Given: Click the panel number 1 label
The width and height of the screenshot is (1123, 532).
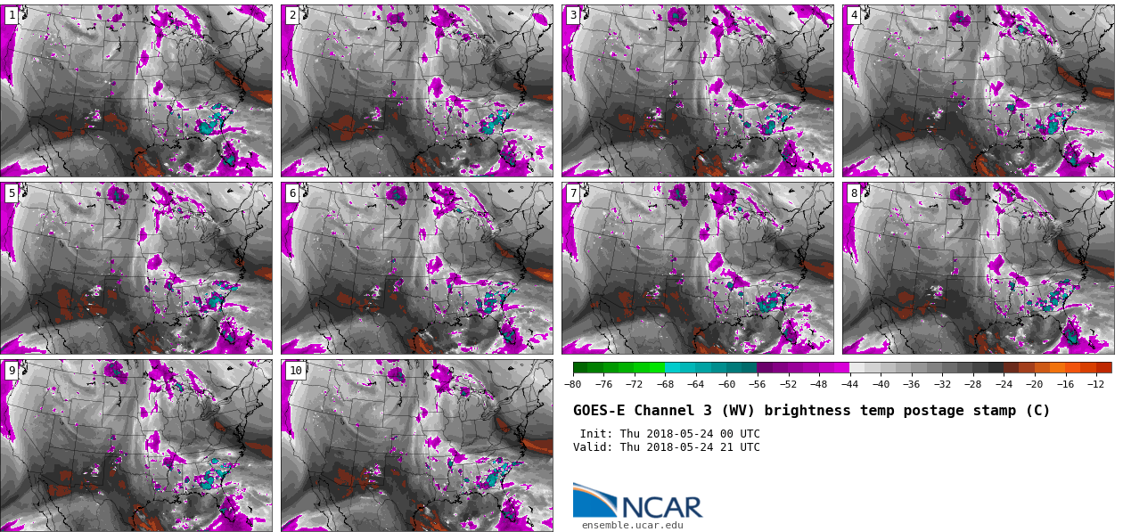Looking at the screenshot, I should (12, 15).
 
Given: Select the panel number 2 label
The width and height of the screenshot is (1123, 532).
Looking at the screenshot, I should (292, 15).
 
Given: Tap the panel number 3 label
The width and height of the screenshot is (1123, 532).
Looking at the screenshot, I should (573, 15).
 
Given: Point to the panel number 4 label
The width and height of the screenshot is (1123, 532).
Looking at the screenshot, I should (854, 15).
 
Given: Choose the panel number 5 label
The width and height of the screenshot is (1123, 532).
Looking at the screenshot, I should (12, 193).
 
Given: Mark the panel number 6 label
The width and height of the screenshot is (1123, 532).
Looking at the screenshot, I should (292, 193).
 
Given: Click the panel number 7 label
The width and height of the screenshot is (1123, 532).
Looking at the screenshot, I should (573, 193).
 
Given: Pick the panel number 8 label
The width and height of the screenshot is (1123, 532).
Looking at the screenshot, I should (854, 193).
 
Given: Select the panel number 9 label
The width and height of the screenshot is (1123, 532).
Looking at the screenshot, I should (12, 371).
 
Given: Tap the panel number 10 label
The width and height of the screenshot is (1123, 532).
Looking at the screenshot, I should (295, 371).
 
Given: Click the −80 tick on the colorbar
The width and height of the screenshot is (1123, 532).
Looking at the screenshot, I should (573, 385).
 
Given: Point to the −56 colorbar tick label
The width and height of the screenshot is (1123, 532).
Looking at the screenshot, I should (758, 385).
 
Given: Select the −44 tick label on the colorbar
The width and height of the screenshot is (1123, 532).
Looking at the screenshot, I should (849, 385).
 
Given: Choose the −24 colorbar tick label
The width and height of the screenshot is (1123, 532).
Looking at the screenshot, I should (1004, 385).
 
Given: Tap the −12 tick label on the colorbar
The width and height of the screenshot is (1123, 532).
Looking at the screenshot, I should (1095, 385).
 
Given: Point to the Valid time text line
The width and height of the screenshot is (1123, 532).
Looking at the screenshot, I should (666, 447).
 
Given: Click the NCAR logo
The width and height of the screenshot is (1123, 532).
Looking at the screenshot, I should (637, 502).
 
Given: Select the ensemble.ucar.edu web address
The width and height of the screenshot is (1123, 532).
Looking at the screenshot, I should (632, 526).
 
